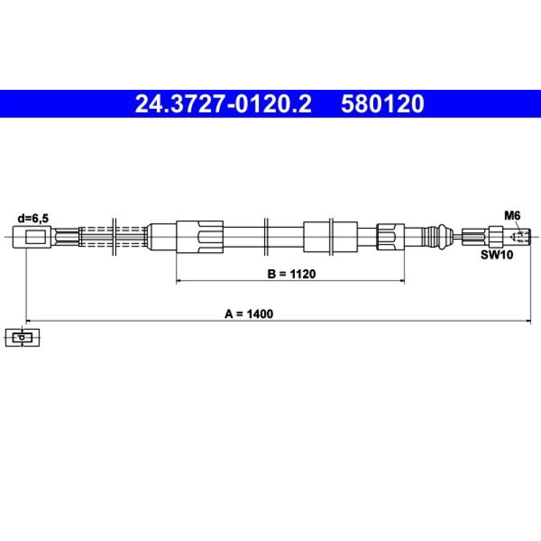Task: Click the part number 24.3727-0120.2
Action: pos(223,104)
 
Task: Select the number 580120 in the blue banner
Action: pos(382,104)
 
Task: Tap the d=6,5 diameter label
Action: pos(33,219)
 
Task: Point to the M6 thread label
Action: pos(512,216)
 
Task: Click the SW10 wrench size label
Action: pos(497,255)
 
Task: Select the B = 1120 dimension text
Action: pos(292,274)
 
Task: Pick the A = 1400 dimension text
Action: pos(249,314)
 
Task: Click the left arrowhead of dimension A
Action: pos(29,321)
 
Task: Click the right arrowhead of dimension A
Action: pos(528,321)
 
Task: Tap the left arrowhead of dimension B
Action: pos(179,281)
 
